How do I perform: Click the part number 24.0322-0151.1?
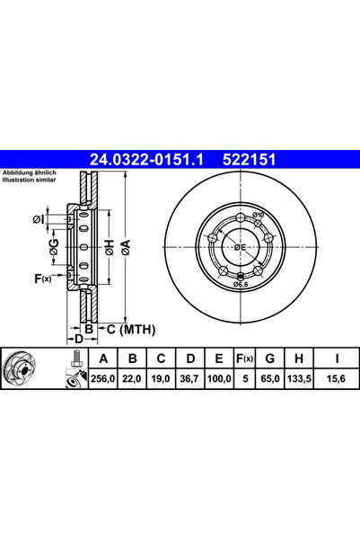click(x=146, y=160)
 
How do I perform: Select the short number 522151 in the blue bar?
click(x=250, y=160)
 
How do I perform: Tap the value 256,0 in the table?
click(x=102, y=379)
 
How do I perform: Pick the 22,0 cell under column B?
click(x=132, y=379)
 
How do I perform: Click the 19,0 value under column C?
click(x=161, y=379)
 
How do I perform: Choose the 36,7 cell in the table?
click(x=189, y=379)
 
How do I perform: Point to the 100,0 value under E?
click(x=219, y=379)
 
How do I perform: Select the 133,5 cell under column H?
click(x=299, y=379)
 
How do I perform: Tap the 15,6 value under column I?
click(x=337, y=379)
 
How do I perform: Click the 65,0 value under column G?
click(x=270, y=379)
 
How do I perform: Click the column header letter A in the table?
click(x=103, y=359)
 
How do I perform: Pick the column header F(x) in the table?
click(x=245, y=359)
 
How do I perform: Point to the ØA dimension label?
click(x=127, y=247)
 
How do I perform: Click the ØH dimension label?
click(x=110, y=247)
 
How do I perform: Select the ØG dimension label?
click(x=55, y=246)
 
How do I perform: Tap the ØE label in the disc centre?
click(x=240, y=247)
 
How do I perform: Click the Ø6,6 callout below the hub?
click(x=241, y=284)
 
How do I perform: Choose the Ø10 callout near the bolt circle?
click(x=258, y=215)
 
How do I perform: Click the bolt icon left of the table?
click(x=75, y=359)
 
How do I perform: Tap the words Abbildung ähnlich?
click(x=30, y=173)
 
